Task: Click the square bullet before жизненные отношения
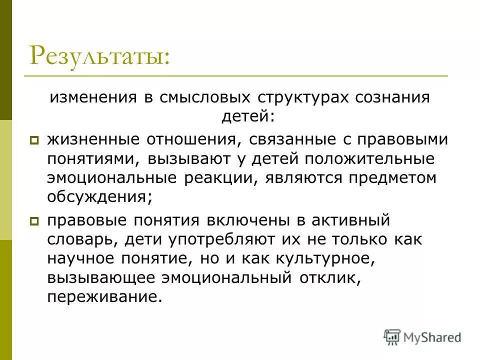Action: coord(34,141)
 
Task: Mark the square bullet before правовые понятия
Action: coord(34,220)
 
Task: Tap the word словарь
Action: coord(82,238)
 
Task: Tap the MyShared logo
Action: coord(422,336)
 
